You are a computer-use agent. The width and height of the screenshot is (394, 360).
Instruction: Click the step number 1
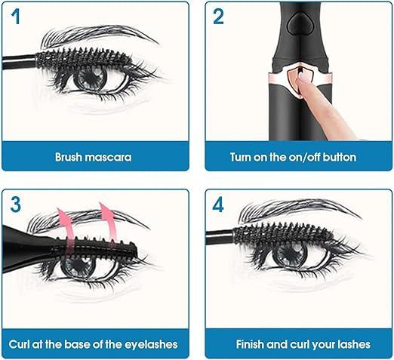[x=16, y=17]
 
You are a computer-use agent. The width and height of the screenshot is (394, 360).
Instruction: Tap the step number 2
[x=218, y=17]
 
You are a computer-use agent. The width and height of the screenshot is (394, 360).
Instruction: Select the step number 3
[x=16, y=205]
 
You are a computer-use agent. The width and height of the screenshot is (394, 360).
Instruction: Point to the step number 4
[x=218, y=205]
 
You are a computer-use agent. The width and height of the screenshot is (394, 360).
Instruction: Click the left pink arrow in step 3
[x=66, y=229]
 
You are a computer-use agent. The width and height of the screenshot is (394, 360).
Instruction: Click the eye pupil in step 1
[x=91, y=77]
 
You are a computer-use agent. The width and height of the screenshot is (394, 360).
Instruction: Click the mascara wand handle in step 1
[x=18, y=62]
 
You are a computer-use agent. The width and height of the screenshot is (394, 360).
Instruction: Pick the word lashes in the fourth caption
[x=354, y=344]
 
